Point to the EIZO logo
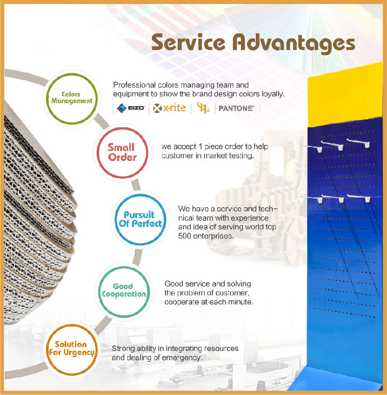tap(131, 108)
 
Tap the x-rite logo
tap(169, 108)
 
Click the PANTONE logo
tap(236, 108)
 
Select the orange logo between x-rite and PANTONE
tap(203, 108)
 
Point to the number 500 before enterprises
tap(185, 236)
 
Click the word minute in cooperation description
tap(241, 302)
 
